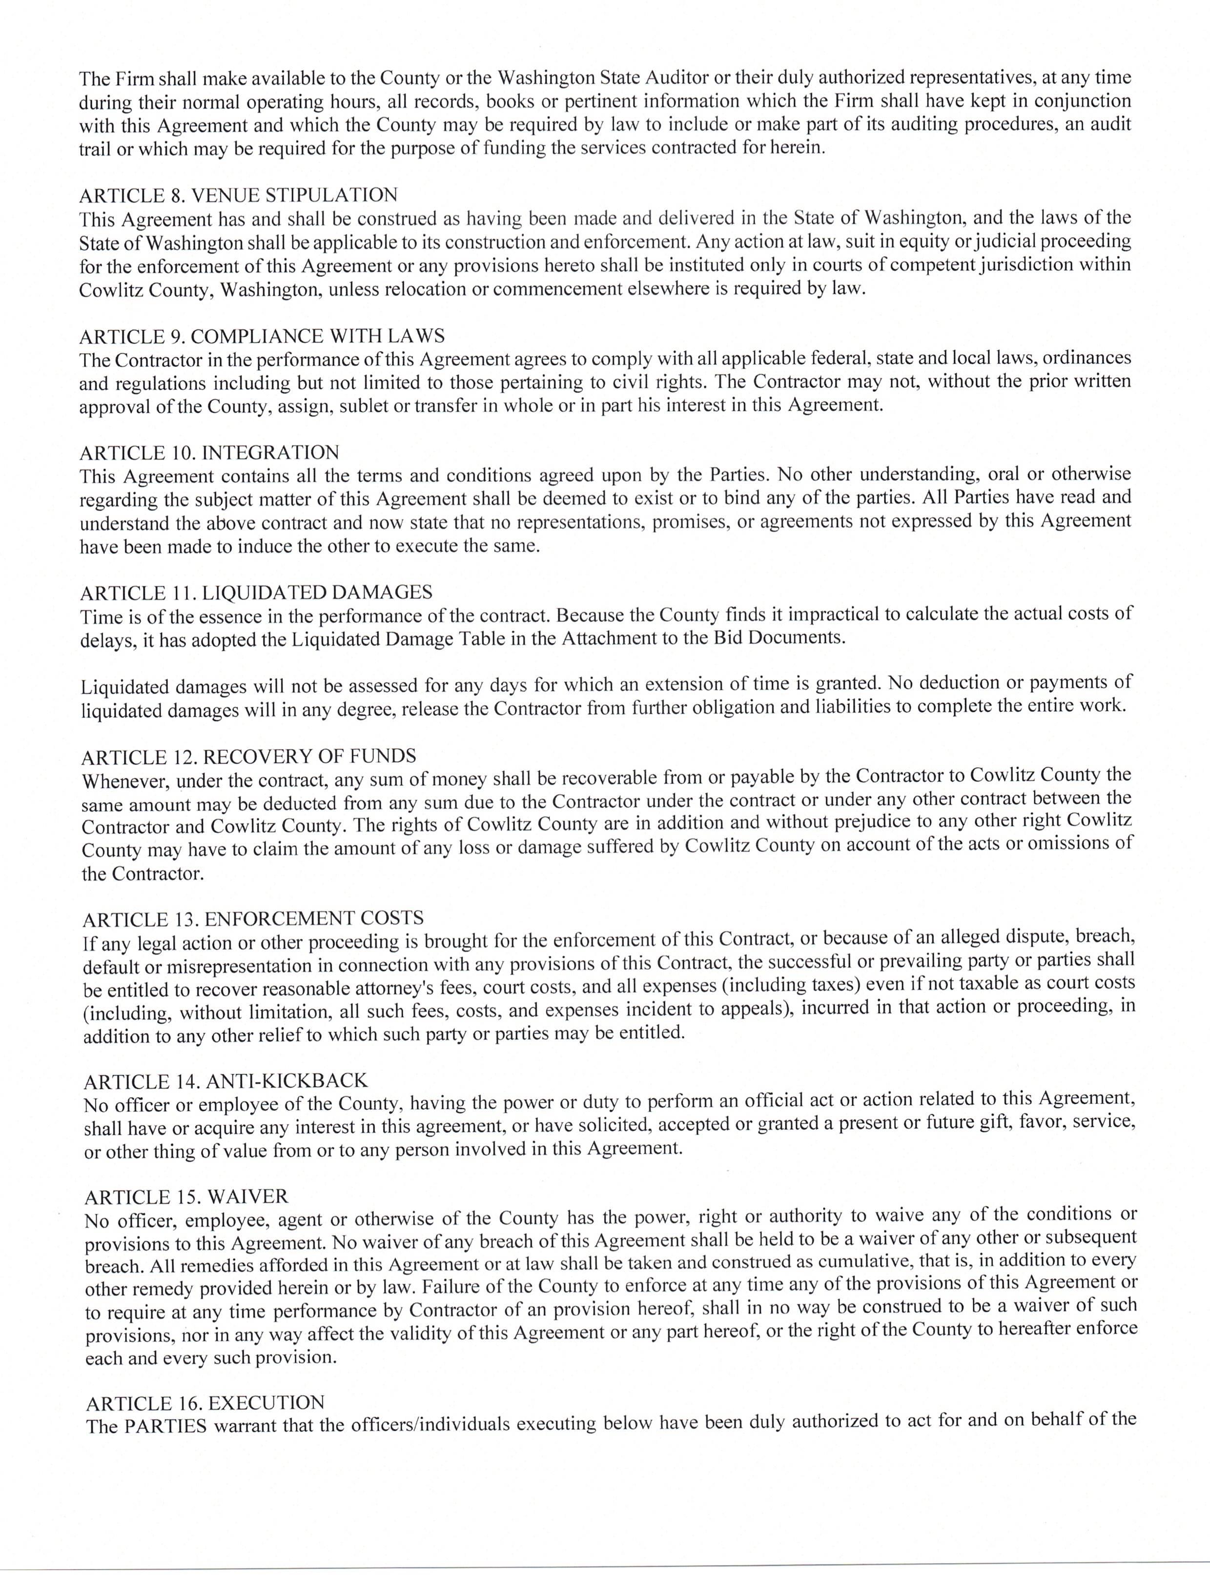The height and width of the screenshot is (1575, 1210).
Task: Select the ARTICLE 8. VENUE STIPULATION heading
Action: coord(238,195)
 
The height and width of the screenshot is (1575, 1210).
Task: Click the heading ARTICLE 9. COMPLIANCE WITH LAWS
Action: coord(262,336)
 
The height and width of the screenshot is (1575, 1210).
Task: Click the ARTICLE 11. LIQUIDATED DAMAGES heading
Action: coord(256,593)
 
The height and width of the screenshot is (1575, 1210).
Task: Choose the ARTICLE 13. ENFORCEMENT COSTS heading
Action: coord(253,919)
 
